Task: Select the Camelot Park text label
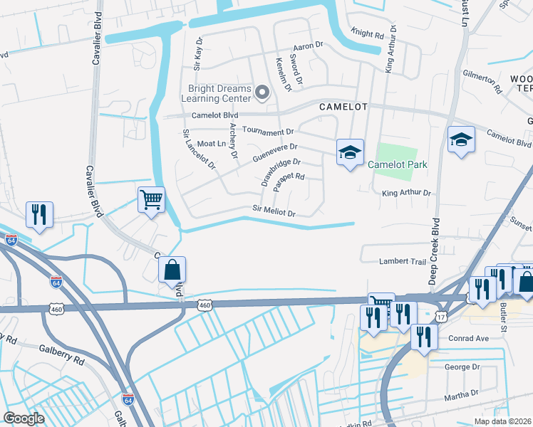(x=398, y=164)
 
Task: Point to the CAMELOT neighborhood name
(x=343, y=107)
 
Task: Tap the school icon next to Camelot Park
(x=350, y=152)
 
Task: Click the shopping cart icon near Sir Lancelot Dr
(x=151, y=201)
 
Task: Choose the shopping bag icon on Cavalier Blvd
(x=172, y=270)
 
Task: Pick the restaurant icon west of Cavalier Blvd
(x=38, y=215)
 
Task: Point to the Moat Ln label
(x=211, y=144)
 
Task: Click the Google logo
(x=24, y=418)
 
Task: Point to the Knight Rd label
(x=367, y=33)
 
